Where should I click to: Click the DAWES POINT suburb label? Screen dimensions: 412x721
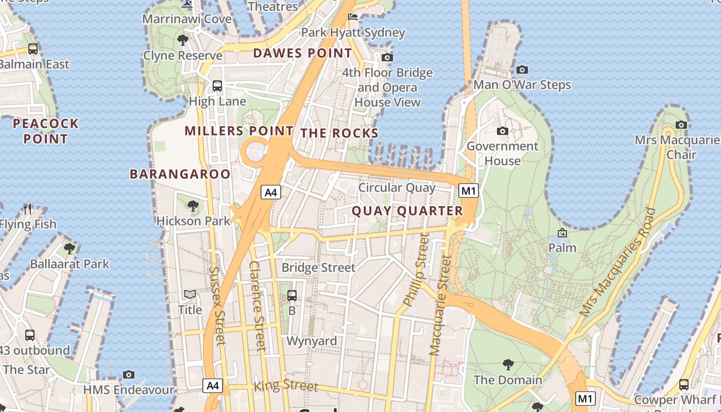click(302, 53)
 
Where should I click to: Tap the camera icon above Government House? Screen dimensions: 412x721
click(503, 131)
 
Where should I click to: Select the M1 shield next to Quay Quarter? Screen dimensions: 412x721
click(469, 191)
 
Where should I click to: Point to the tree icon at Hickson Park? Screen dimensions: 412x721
click(193, 206)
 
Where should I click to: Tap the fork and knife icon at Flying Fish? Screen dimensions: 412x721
click(28, 209)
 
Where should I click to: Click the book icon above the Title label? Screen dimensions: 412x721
click(190, 295)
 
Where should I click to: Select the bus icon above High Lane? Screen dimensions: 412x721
click(217, 86)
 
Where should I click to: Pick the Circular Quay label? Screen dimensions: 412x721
click(397, 187)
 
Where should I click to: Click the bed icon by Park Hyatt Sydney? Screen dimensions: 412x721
click(353, 18)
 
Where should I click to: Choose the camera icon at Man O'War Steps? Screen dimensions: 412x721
click(522, 70)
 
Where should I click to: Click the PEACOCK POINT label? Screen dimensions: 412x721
click(46, 131)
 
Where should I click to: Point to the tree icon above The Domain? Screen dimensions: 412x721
click(508, 365)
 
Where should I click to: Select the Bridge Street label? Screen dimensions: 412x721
click(318, 268)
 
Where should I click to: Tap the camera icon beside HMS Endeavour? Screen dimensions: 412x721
click(129, 375)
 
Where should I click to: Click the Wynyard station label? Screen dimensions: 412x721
click(312, 341)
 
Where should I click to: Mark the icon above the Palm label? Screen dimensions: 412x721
click(562, 233)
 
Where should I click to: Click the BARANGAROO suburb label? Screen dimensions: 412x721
click(180, 174)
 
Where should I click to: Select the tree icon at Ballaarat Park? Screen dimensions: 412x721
click(70, 249)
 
